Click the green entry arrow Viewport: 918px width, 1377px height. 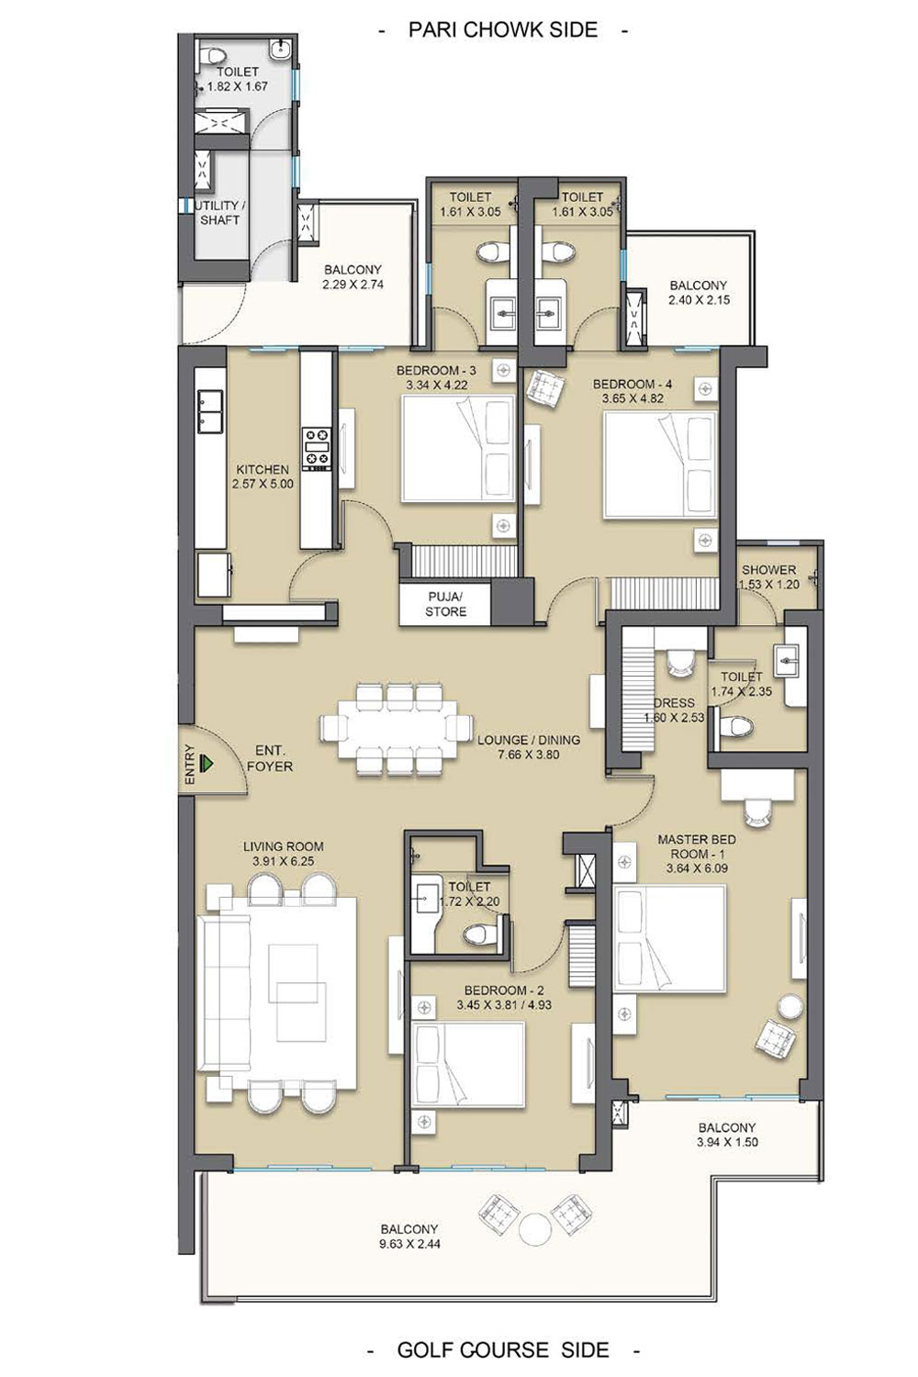(207, 764)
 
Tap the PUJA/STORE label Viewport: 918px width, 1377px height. (446, 604)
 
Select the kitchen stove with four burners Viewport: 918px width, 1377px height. (316, 449)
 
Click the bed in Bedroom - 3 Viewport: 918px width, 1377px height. (458, 449)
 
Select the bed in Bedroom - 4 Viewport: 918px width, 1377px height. (661, 465)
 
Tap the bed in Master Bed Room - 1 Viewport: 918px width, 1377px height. (670, 937)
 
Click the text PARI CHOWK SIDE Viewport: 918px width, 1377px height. (503, 30)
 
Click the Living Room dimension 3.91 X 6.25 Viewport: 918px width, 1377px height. (284, 861)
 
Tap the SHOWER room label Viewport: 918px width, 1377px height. (768, 570)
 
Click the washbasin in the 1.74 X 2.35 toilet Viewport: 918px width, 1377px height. (789, 661)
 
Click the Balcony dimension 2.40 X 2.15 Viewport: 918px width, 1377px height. (698, 300)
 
